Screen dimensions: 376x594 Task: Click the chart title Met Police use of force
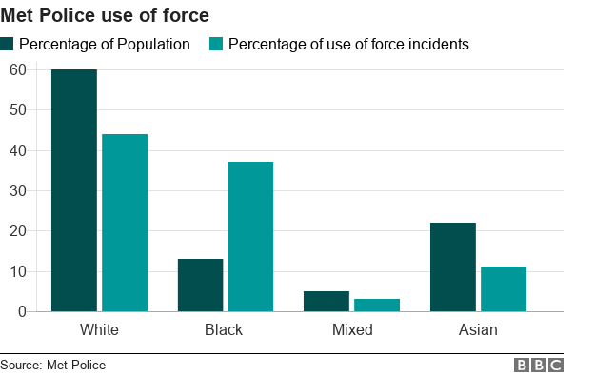(x=105, y=16)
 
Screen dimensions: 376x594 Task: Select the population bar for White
(x=74, y=190)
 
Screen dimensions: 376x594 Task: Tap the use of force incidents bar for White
(x=125, y=223)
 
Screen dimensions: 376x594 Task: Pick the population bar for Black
(x=200, y=285)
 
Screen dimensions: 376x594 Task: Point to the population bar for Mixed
(x=327, y=301)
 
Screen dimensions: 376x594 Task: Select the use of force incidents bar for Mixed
(x=377, y=305)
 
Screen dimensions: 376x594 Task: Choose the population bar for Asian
(x=453, y=267)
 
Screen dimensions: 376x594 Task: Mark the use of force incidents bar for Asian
(x=504, y=288)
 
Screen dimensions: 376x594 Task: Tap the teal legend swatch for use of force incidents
(x=216, y=44)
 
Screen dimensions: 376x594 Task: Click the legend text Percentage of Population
(x=105, y=45)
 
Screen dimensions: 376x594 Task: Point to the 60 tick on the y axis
(x=17, y=69)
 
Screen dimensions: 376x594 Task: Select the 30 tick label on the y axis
(x=17, y=190)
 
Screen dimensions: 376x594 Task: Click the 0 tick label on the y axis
(x=21, y=311)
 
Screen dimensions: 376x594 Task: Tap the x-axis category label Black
(x=224, y=330)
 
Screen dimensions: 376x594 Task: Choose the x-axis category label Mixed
(x=352, y=330)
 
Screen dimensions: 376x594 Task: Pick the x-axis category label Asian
(x=478, y=330)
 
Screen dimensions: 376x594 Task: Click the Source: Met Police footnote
(x=53, y=365)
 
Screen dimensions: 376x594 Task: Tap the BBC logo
(x=539, y=365)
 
